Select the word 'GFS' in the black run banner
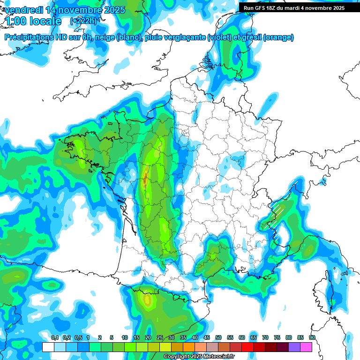pyautogui.click(x=265, y=8)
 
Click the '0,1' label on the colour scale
pyautogui.click(x=54, y=337)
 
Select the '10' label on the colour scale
pyautogui.click(x=125, y=337)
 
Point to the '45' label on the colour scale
pyautogui.click(x=207, y=337)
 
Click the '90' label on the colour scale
pyautogui.click(x=312, y=337)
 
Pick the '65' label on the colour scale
pyautogui.click(x=254, y=337)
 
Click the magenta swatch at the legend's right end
pyautogui.click(x=306, y=347)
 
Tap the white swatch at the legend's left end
pyautogui.click(x=48, y=347)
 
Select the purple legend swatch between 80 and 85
pyautogui.click(x=294, y=347)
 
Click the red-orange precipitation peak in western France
pyautogui.click(x=145, y=178)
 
